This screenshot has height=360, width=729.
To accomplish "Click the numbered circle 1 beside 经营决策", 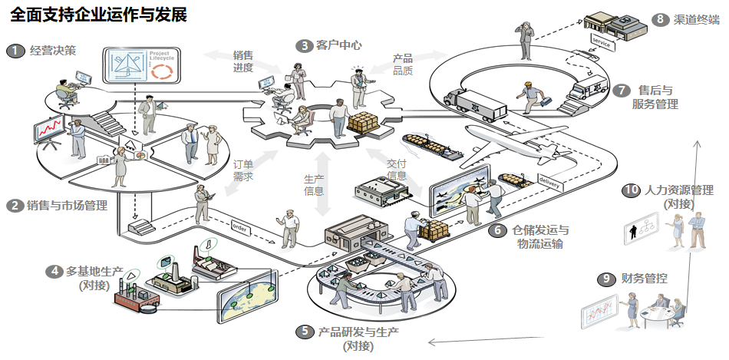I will [15, 51].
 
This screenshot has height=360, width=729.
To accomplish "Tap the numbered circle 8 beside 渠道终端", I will [659, 19].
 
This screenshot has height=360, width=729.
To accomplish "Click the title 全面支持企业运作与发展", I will [99, 15].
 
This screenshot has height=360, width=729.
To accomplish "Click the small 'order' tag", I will [240, 226].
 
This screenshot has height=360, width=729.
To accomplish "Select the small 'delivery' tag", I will [549, 182].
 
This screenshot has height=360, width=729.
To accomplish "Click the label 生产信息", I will [314, 185].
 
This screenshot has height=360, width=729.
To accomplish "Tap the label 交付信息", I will [396, 170].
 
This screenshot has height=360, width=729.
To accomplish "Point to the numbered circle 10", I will [631, 190].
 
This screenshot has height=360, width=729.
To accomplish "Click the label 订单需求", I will [243, 170].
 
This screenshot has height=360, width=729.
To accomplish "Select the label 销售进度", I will [243, 61].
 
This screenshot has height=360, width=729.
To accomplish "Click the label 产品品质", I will [403, 64].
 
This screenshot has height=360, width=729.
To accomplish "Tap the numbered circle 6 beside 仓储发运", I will [497, 230].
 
